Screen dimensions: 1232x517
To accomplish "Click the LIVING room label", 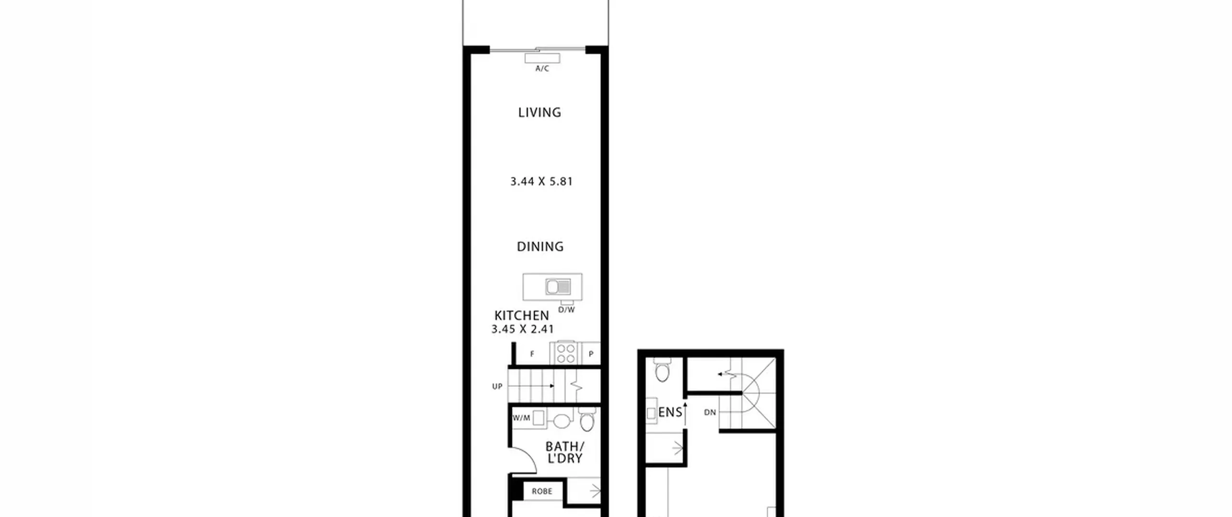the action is (x=539, y=113).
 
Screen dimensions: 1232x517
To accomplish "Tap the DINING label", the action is (x=540, y=247).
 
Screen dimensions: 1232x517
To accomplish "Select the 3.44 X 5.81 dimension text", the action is (x=541, y=181).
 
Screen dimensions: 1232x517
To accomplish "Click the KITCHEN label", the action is (x=522, y=315).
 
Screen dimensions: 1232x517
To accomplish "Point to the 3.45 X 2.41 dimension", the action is (x=523, y=329).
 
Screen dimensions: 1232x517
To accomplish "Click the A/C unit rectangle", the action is (x=542, y=58).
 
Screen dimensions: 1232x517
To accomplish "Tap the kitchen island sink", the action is (x=558, y=287).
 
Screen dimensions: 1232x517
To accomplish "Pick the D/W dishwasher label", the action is (x=566, y=310).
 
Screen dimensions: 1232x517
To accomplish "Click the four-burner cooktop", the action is (x=566, y=353).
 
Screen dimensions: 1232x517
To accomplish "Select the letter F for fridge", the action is (x=532, y=354).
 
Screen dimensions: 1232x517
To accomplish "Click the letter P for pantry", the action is (x=591, y=354).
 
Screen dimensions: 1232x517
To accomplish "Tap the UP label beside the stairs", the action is (x=497, y=386).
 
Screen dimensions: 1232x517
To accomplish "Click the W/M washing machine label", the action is (x=521, y=418).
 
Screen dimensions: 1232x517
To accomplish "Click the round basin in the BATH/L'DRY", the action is (x=562, y=421).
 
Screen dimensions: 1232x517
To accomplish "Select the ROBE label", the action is (x=542, y=491).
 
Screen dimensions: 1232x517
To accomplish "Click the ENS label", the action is (x=670, y=412).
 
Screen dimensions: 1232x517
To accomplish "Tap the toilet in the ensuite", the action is (x=663, y=369).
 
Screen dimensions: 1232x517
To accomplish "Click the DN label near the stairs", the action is (x=710, y=412).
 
